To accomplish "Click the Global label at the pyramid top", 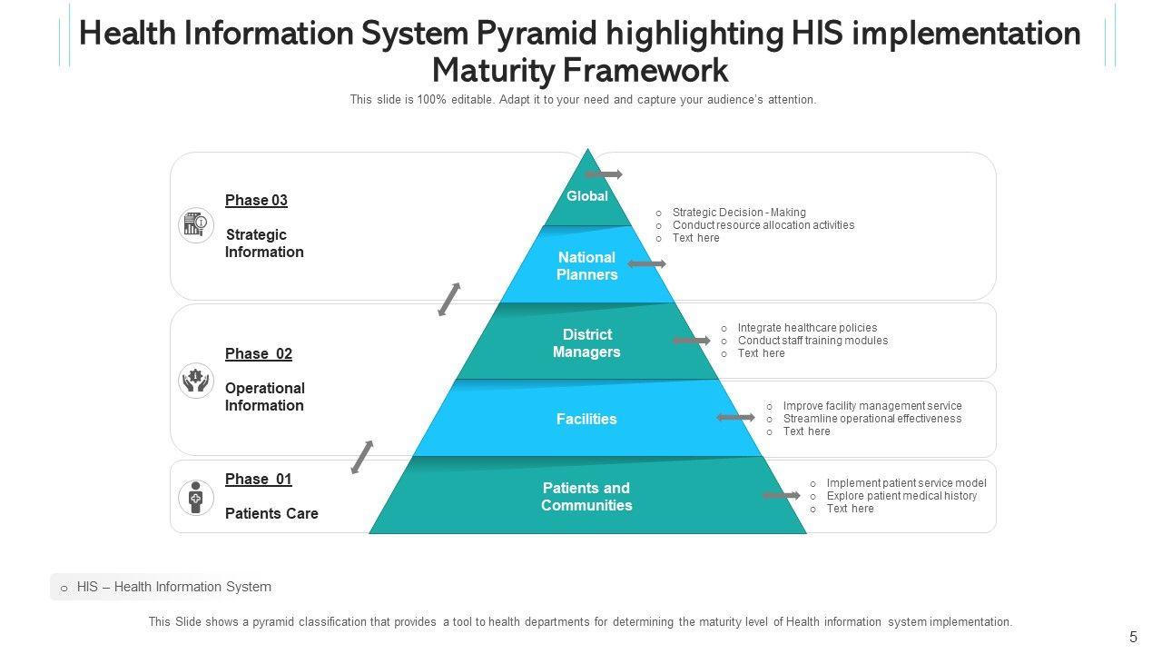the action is pos(586,196).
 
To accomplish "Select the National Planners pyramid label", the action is pos(586,266).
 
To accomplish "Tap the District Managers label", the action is pos(586,343).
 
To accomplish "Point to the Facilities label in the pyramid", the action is pos(586,419).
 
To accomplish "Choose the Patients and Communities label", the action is pos(586,497).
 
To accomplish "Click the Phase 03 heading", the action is pos(256,201).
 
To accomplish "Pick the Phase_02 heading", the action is pos(259,354).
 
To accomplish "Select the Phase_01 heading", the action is pos(259,480).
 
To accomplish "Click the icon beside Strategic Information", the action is pos(195,224).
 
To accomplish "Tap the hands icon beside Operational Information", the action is pos(195,380).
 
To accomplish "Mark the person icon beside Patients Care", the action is pos(195,497).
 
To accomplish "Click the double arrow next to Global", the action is pos(604,173).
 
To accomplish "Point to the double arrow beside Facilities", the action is pos(735,418).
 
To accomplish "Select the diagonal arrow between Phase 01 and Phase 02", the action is pos(362,457).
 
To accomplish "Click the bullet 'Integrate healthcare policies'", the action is pos(807,328).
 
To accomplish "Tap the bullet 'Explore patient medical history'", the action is pos(901,496).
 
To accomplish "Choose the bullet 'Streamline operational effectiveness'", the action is pos(871,419).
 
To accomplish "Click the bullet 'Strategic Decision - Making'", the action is pos(739,213).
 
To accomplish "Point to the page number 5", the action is pos(1133,637).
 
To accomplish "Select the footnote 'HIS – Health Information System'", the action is pos(173,587).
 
